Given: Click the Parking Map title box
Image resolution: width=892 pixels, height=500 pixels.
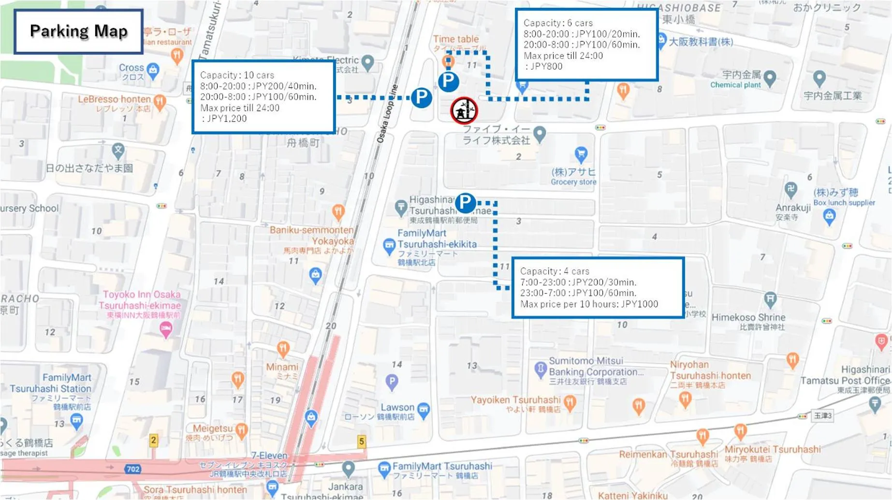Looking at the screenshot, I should tap(78, 31).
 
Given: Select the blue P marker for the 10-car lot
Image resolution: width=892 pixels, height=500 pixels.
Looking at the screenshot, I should tap(421, 98).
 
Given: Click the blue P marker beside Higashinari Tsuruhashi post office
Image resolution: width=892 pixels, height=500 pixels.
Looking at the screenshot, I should tap(465, 203).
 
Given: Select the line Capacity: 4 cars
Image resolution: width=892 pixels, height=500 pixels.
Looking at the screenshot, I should tap(555, 271).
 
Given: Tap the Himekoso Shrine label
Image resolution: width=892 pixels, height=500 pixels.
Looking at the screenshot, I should tap(748, 318).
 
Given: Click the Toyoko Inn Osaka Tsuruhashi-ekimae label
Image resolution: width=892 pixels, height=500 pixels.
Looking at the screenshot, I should tap(141, 300).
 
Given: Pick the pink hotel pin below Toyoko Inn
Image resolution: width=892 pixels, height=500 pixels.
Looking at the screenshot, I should tap(166, 330).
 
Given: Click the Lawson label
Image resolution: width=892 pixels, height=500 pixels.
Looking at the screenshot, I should tap(397, 407).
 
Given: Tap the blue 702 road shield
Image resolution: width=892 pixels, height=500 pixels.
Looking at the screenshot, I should tap(132, 469).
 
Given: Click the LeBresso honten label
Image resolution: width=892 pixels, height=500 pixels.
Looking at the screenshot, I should tap(115, 99).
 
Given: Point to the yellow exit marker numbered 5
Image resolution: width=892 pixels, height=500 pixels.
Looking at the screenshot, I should tap(361, 441).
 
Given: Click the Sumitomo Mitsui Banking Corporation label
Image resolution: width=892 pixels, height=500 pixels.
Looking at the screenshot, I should tap(596, 367).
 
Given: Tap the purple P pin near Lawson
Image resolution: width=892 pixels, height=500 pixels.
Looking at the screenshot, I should tap(392, 382).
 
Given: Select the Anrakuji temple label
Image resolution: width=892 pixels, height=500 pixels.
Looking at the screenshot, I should tap(793, 208).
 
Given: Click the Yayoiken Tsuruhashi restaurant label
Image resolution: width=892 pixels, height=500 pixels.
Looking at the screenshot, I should tap(515, 400).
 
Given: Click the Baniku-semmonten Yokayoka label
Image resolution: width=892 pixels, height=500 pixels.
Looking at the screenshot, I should tap(312, 235).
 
